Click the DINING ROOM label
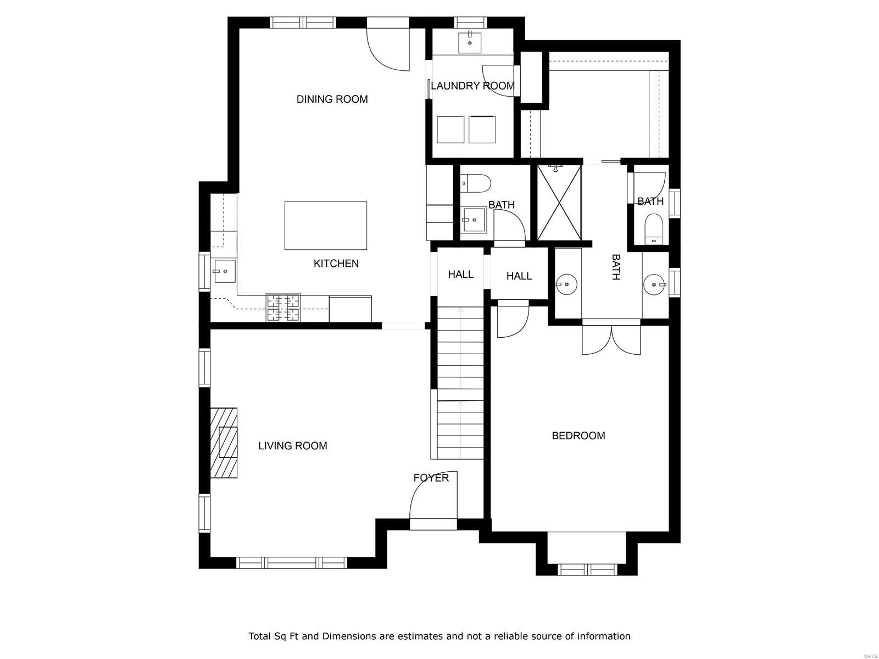point(332,99)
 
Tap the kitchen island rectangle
point(326,225)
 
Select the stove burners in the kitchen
point(283,308)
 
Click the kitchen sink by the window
point(224,271)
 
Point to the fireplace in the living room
point(224,443)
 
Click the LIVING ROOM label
point(292,446)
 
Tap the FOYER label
point(431,478)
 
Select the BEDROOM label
point(578,436)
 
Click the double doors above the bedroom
point(611,339)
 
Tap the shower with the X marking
point(559,203)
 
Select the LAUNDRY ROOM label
point(472,86)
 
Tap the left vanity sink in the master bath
point(566,284)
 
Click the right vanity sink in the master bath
point(655,284)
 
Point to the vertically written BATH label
point(616,267)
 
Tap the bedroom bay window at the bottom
point(586,569)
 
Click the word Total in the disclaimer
point(260,636)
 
